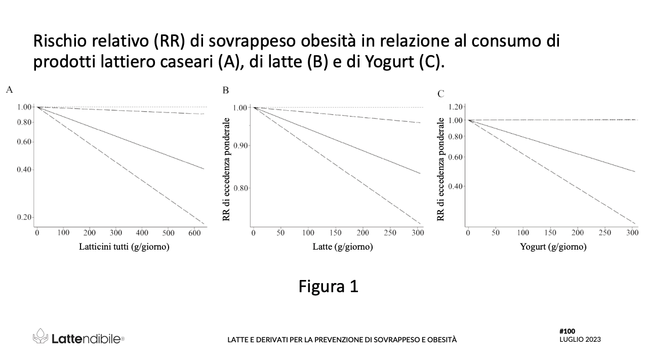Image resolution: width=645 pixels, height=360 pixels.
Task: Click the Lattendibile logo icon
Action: [41, 336]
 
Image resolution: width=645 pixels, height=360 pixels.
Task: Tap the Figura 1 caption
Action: [328, 286]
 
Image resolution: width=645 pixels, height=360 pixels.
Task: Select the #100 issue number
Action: [567, 331]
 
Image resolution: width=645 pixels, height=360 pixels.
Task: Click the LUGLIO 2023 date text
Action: [580, 339]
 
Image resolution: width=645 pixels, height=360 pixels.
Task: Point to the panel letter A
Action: [9, 90]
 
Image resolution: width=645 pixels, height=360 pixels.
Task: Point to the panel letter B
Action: [226, 91]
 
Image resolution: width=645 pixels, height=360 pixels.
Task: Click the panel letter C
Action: [440, 94]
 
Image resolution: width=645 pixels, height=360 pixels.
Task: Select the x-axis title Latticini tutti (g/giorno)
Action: [124, 247]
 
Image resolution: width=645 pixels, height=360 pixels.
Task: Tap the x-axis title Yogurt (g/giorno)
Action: [553, 247]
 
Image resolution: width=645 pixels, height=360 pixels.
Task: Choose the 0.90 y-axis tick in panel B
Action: [239, 146]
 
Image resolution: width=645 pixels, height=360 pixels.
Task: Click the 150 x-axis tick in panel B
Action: [335, 233]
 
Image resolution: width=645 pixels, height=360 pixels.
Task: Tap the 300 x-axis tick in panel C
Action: [632, 233]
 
